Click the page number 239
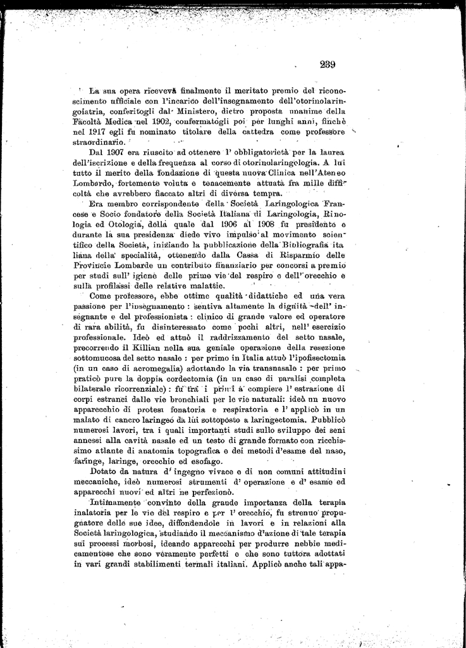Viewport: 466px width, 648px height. tap(328, 64)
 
